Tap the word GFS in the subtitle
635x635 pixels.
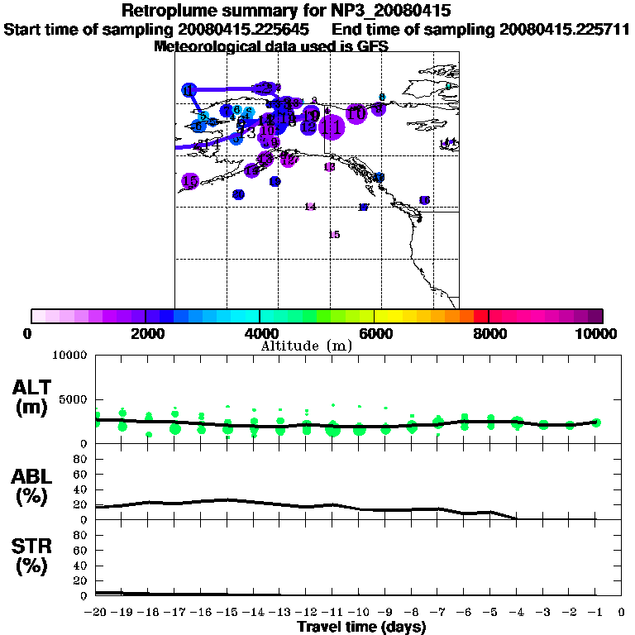point(372,46)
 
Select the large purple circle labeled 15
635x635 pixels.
point(189,181)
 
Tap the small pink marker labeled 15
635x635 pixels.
point(334,235)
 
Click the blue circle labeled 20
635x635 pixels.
point(238,194)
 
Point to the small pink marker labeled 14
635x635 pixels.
point(310,207)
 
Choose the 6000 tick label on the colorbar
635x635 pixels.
point(375,334)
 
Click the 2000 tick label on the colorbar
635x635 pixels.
point(145,334)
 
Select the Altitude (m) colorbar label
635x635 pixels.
point(307,346)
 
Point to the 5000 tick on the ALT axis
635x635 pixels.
point(71,399)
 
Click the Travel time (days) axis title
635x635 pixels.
point(361,627)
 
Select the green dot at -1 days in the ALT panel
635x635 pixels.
point(596,423)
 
